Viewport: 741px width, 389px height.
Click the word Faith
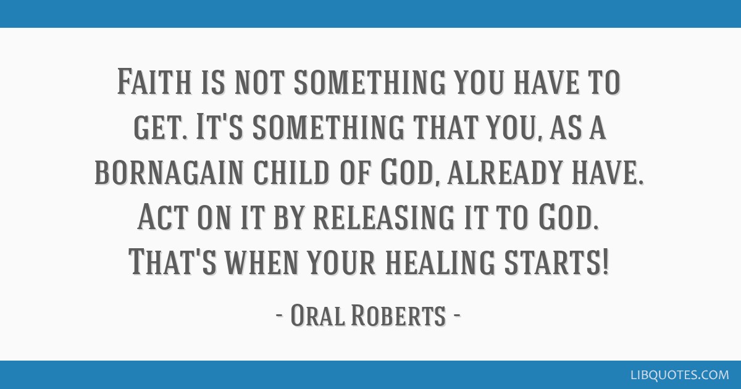click(155, 83)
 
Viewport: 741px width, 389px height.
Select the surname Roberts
click(398, 316)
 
